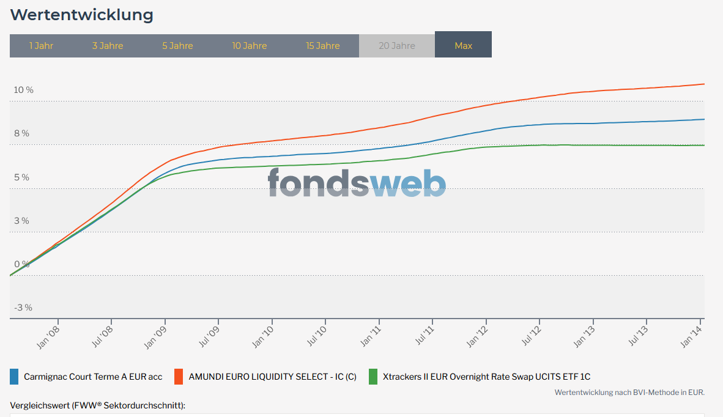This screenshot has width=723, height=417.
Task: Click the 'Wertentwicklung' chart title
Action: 82,15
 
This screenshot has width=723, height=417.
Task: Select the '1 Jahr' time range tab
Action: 41,46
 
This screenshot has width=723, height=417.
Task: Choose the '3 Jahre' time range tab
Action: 108,46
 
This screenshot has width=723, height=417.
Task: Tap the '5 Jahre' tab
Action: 177,46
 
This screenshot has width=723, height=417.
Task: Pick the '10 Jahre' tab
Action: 249,46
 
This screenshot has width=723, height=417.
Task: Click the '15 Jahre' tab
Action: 323,46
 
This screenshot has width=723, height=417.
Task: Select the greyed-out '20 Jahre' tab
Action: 396,46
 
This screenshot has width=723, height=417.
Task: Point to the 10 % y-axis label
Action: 24,90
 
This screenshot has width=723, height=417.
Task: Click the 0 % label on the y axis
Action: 21,264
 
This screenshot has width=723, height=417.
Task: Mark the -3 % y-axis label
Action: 23,308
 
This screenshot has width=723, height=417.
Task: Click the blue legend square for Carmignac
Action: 14,377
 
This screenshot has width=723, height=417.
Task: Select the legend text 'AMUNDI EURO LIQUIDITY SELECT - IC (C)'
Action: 272,377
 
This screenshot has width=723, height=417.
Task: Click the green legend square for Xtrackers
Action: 373,377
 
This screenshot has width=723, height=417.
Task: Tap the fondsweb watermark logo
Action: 357,182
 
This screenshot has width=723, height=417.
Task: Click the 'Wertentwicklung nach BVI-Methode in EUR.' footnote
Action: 629,393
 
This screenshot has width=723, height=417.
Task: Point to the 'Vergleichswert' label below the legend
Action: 97,405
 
